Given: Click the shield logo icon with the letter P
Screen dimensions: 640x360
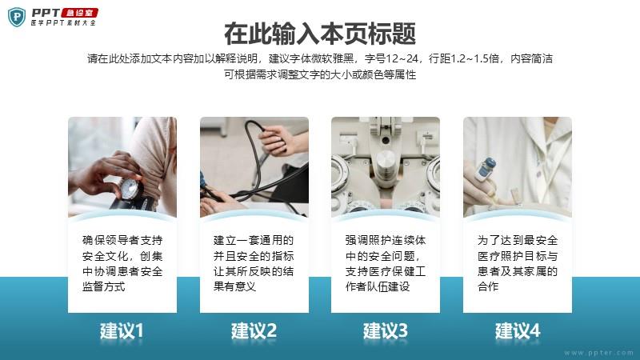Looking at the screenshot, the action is tap(17, 17).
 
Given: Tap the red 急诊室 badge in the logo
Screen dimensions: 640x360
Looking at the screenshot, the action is tap(79, 13).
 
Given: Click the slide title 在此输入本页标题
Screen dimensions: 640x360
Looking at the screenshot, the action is tap(320, 34).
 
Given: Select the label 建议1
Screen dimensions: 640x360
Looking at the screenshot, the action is tap(122, 330).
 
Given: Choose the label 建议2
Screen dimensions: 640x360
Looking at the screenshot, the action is tap(254, 330).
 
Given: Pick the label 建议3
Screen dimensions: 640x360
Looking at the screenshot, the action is tap(386, 330).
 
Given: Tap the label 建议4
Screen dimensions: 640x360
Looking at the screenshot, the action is tap(518, 330).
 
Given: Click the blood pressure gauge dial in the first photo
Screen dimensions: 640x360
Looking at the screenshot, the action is tap(130, 189).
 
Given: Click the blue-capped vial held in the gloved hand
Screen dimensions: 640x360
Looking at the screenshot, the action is tap(486, 169).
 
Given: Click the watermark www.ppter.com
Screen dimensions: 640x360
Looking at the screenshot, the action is tap(598, 353).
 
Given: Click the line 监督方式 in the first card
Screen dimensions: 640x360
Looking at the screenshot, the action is tap(104, 286).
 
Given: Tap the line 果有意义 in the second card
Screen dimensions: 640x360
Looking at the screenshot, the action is tap(234, 286).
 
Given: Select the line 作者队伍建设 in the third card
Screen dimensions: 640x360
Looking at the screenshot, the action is tap(378, 286).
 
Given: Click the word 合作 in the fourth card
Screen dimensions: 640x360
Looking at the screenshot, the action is tap(488, 286).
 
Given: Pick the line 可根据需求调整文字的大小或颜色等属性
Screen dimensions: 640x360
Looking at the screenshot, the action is tap(320, 74).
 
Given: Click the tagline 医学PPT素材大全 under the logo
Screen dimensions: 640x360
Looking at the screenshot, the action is tap(63, 23).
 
